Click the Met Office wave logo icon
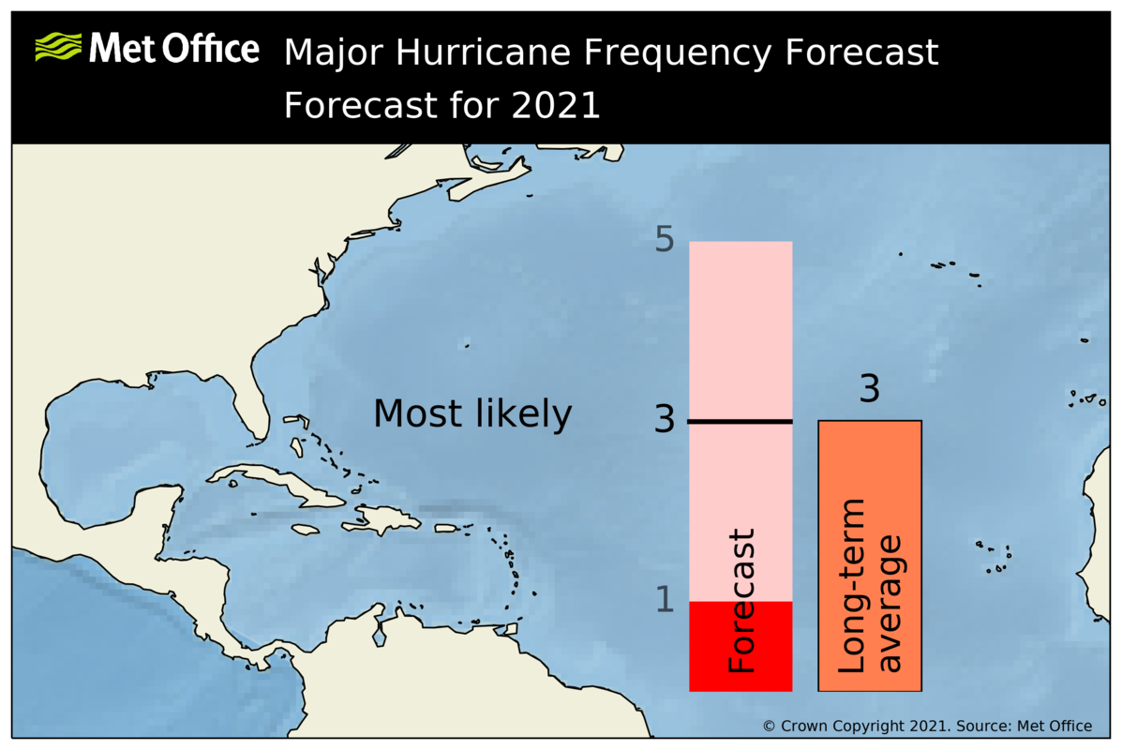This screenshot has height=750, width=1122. click(57, 47)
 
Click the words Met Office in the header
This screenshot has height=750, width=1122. click(173, 48)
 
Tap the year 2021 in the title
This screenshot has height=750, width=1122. click(556, 105)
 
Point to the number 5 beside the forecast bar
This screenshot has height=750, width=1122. click(665, 241)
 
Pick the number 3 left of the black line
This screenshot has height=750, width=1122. click(665, 420)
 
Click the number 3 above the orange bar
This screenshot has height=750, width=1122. click(870, 390)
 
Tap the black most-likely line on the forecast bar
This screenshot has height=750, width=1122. click(741, 422)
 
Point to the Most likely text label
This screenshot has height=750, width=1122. click(472, 414)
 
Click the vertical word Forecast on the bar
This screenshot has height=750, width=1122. click(741, 600)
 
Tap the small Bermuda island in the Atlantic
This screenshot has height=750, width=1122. click(466, 344)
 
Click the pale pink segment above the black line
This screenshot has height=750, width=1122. click(741, 328)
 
